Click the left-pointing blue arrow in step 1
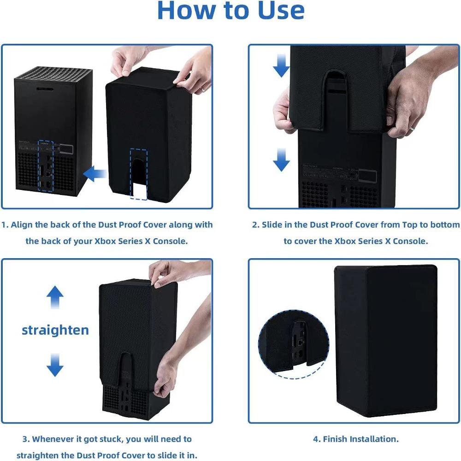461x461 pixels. coord(94,174)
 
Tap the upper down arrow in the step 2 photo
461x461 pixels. coord(281,67)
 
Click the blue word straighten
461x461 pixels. coord(55,330)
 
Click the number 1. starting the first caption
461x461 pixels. coord(5,225)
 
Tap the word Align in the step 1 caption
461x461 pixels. coord(22,225)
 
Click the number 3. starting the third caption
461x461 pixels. coord(26,439)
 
